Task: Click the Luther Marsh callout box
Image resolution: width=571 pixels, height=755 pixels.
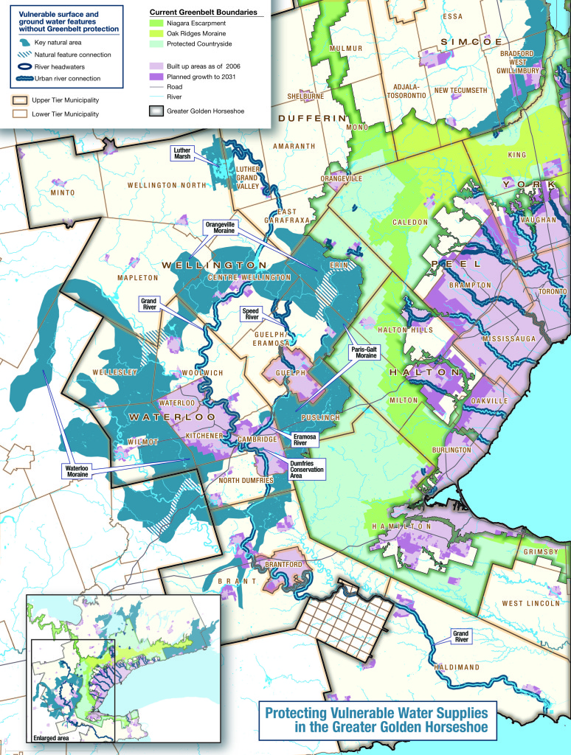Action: tap(181, 153)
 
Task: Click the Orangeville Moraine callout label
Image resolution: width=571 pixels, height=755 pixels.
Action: tap(224, 227)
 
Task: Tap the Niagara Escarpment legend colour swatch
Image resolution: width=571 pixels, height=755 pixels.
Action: tap(159, 25)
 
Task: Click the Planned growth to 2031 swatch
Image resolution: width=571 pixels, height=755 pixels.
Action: tap(159, 77)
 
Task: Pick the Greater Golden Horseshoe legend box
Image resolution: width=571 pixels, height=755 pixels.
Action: tap(159, 111)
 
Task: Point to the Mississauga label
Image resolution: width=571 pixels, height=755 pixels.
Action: tap(509, 338)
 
